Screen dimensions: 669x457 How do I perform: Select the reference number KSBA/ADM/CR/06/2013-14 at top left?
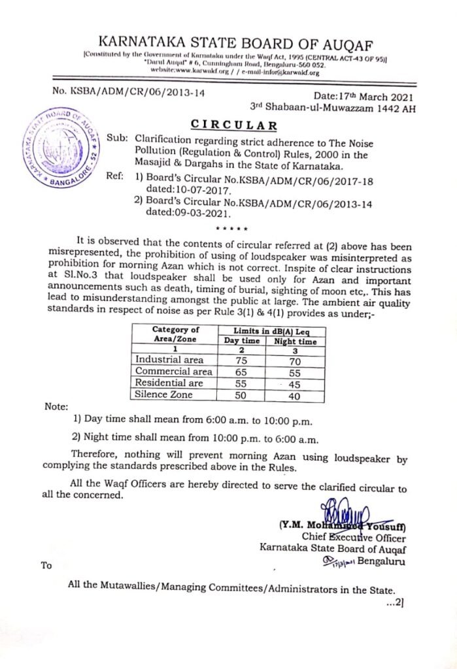(x=128, y=93)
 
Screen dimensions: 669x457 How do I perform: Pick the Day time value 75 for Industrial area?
(x=241, y=359)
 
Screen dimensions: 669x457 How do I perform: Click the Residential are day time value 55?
(x=241, y=383)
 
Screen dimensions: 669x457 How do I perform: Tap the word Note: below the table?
(x=56, y=406)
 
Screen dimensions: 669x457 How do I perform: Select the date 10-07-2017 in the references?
(x=197, y=189)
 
